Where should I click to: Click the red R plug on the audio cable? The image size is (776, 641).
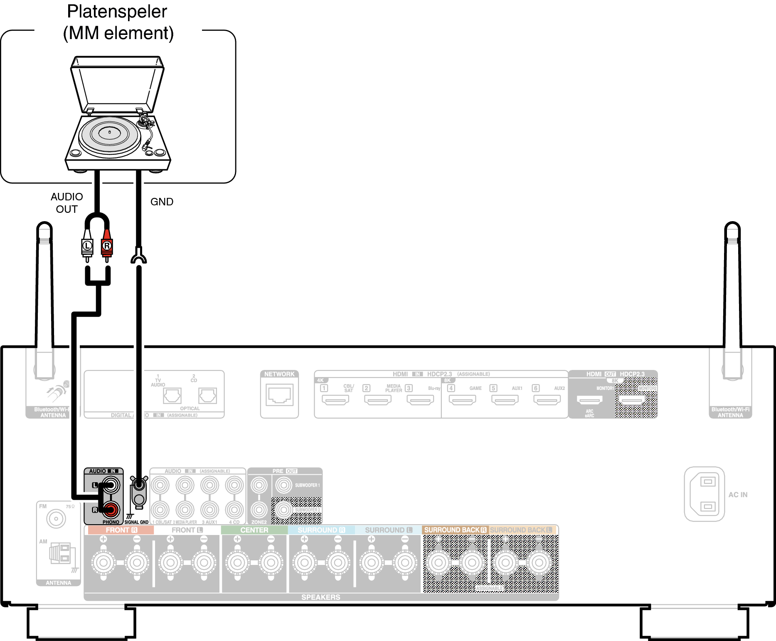[x=107, y=246]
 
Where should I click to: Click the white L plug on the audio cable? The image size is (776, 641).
[x=87, y=246]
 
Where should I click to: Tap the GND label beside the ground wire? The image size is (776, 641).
[x=162, y=202]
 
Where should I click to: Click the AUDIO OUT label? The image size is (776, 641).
[x=67, y=202]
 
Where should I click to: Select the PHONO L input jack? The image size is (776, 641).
[x=111, y=485]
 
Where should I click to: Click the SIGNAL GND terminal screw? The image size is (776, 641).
[x=139, y=485]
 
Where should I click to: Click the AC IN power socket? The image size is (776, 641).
[x=705, y=494]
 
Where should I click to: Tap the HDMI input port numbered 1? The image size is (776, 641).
[x=335, y=400]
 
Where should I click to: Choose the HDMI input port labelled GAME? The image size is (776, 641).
[x=463, y=400]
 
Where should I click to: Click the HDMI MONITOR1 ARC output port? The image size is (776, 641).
[x=589, y=400]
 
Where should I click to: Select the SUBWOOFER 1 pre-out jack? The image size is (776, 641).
[x=284, y=485]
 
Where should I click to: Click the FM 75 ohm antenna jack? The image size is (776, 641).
[x=56, y=519]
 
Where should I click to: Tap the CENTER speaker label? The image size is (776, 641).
[x=254, y=530]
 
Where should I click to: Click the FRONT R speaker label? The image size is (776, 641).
[x=121, y=530]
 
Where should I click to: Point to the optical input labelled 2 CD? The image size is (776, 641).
[x=207, y=395]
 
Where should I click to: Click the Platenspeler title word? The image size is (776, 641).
[x=117, y=12]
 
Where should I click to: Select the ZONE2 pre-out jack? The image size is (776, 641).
[x=259, y=509]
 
